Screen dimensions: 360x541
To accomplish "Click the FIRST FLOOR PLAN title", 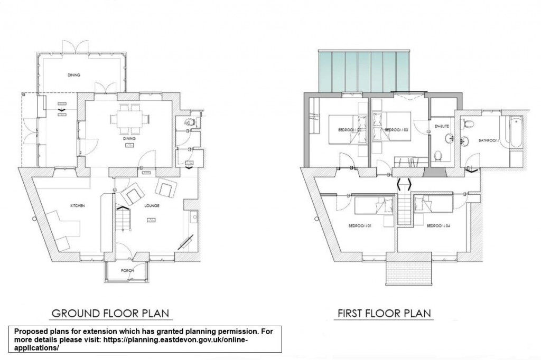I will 384,313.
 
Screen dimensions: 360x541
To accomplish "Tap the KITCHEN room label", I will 78,205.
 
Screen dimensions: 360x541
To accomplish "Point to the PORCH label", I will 126,271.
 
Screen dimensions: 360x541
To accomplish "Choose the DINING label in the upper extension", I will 74,75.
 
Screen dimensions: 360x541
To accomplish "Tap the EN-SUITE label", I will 441,127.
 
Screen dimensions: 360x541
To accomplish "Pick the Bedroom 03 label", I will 395,129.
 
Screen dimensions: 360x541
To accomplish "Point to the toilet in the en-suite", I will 438,156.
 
